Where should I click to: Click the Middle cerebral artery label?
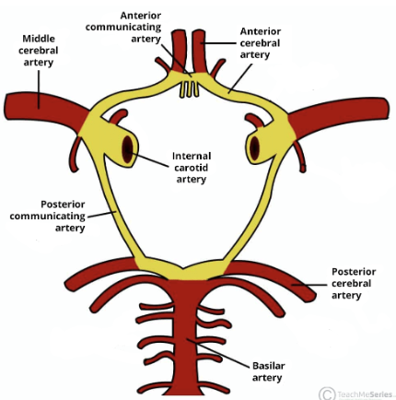point(39,51)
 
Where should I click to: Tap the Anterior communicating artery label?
point(123,27)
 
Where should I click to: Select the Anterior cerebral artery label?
point(260,43)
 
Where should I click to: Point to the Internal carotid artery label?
point(192,168)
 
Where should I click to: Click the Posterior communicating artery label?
point(48,216)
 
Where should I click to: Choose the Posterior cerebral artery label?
point(354,283)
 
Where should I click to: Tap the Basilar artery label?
point(268,371)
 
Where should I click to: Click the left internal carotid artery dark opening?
point(127,149)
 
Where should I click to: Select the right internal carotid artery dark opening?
point(254,148)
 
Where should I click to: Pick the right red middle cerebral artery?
point(339,114)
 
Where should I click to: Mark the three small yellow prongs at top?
point(189,89)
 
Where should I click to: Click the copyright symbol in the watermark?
point(327,394)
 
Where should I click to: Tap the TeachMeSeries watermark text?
point(365,394)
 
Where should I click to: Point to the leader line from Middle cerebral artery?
point(39,89)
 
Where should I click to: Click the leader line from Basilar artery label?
point(217,353)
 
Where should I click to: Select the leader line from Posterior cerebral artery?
point(309,285)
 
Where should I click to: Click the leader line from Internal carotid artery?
point(150,159)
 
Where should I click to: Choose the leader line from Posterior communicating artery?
point(102,214)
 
